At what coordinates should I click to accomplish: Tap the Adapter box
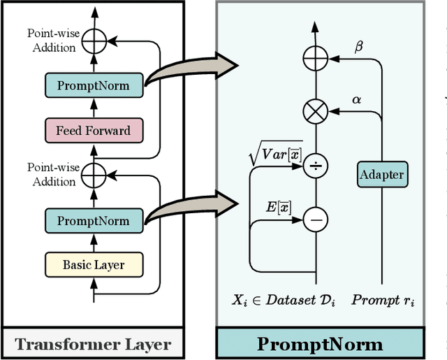point(381,174)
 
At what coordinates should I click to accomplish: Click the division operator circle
point(316,165)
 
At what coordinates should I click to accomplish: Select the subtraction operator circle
point(316,219)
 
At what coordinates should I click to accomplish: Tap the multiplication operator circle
point(316,110)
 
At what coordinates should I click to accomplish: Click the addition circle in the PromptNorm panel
point(316,56)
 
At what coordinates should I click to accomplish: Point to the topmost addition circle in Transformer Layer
point(94,41)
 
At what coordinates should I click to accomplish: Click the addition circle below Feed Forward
point(94,175)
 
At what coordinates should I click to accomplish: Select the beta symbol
point(360,47)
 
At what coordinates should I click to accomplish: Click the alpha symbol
point(357,100)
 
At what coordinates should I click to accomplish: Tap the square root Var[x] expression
point(276,154)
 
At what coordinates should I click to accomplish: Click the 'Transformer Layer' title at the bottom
point(93,343)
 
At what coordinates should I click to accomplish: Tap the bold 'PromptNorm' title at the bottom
point(320,343)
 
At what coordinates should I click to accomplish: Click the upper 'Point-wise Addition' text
point(52,41)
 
